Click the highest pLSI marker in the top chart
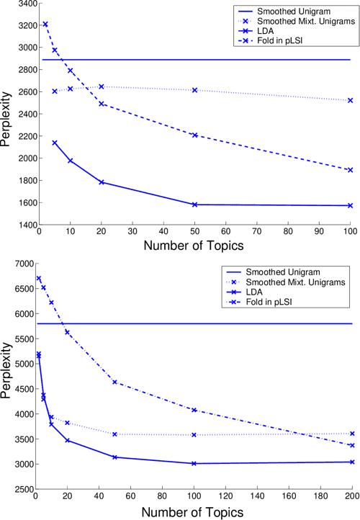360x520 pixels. pyautogui.click(x=45, y=24)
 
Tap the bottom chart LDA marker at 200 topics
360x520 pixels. pyautogui.click(x=351, y=462)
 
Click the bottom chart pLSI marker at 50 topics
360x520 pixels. pyautogui.click(x=114, y=382)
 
